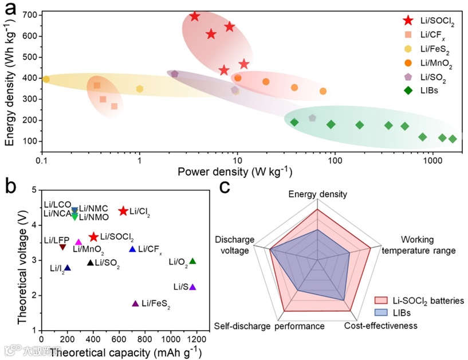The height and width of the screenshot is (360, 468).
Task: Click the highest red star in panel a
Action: pos(195,16)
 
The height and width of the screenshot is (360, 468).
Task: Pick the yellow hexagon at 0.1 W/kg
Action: pos(46,79)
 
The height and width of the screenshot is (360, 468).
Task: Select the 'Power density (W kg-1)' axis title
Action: pos(235,171)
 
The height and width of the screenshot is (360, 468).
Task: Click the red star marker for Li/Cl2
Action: pos(123,211)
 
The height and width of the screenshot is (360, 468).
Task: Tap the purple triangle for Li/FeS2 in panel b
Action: pos(135,303)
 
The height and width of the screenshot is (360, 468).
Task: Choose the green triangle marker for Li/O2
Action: pos(192,261)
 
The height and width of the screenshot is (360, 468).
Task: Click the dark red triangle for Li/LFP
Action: pos(62,247)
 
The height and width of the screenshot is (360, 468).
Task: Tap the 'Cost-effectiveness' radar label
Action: pos(380,326)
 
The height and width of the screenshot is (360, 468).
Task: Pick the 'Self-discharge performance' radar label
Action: pos(270,326)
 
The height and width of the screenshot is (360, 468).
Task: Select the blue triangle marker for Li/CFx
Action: pos(132,249)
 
